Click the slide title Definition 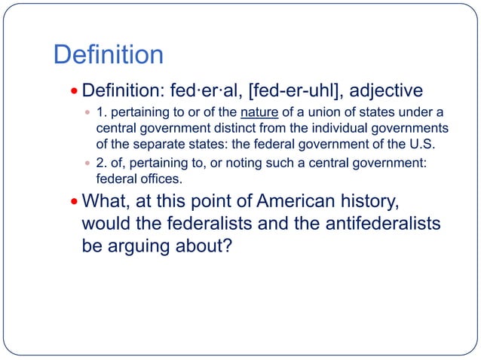pyautogui.click(x=108, y=54)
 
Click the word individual pyautogui.click(x=321, y=128)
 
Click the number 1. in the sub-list pyautogui.click(x=103, y=114)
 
